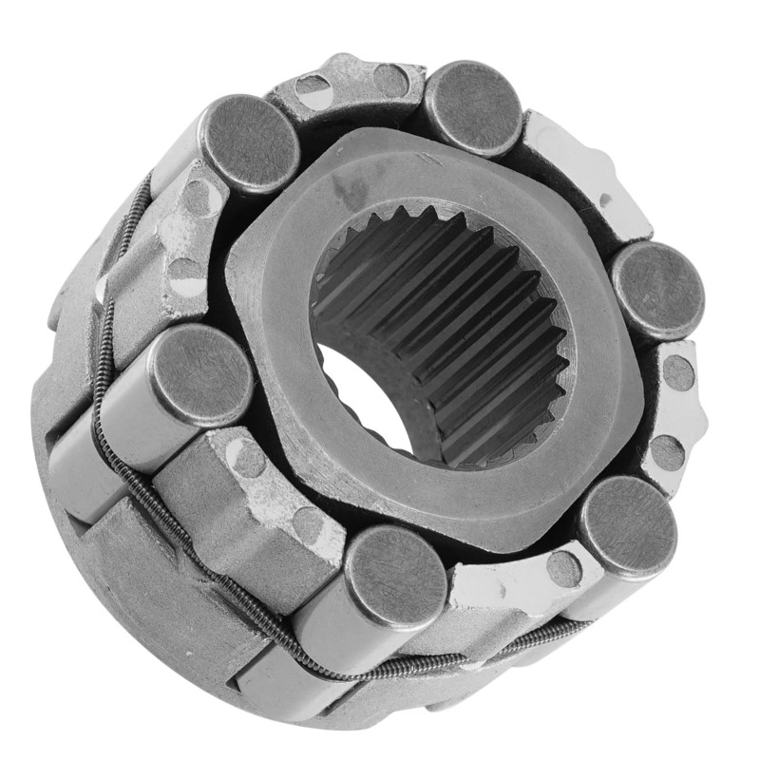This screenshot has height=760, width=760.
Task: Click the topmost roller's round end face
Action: click(x=473, y=107)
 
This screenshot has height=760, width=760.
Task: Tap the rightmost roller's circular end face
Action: click(x=657, y=289)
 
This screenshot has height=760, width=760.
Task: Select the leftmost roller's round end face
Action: click(x=199, y=373)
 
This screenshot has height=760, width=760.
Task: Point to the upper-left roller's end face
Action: click(x=250, y=143)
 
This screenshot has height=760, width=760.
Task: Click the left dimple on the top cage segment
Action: click(x=313, y=91)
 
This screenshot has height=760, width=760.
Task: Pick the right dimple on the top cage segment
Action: click(x=390, y=80)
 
